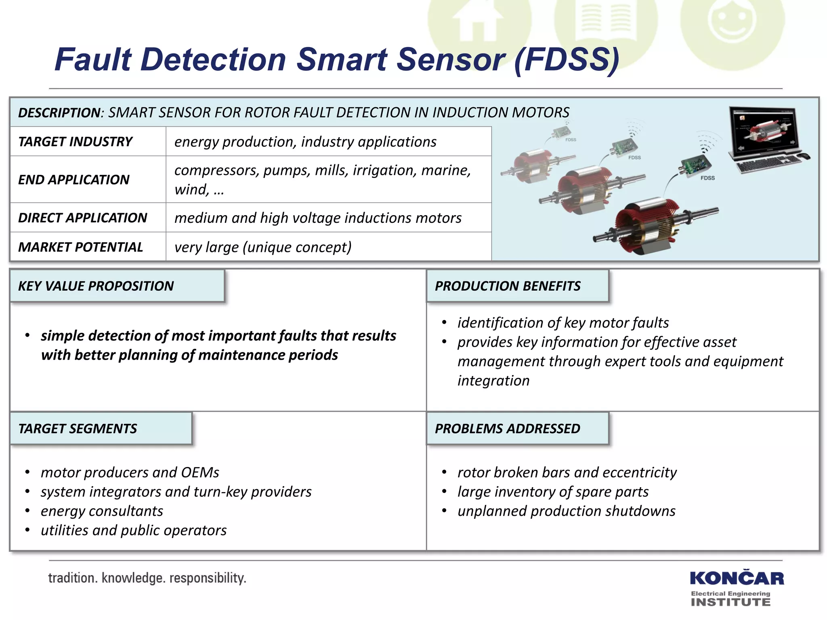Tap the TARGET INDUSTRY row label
coord(75,142)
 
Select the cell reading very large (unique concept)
coord(263,247)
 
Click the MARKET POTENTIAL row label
coord(80,247)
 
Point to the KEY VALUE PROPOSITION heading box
coord(117,286)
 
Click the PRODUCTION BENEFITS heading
coord(508,286)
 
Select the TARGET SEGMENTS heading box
coord(101,428)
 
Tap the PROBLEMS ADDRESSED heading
coord(508,428)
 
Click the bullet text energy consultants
coord(102,511)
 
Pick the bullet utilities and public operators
coord(134,530)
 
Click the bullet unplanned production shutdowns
coord(566,511)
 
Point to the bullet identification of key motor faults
coord(563,323)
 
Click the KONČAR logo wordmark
coord(737,578)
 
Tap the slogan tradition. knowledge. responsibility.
coord(147,578)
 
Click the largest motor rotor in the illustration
coord(654,228)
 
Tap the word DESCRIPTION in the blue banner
coord(59,113)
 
